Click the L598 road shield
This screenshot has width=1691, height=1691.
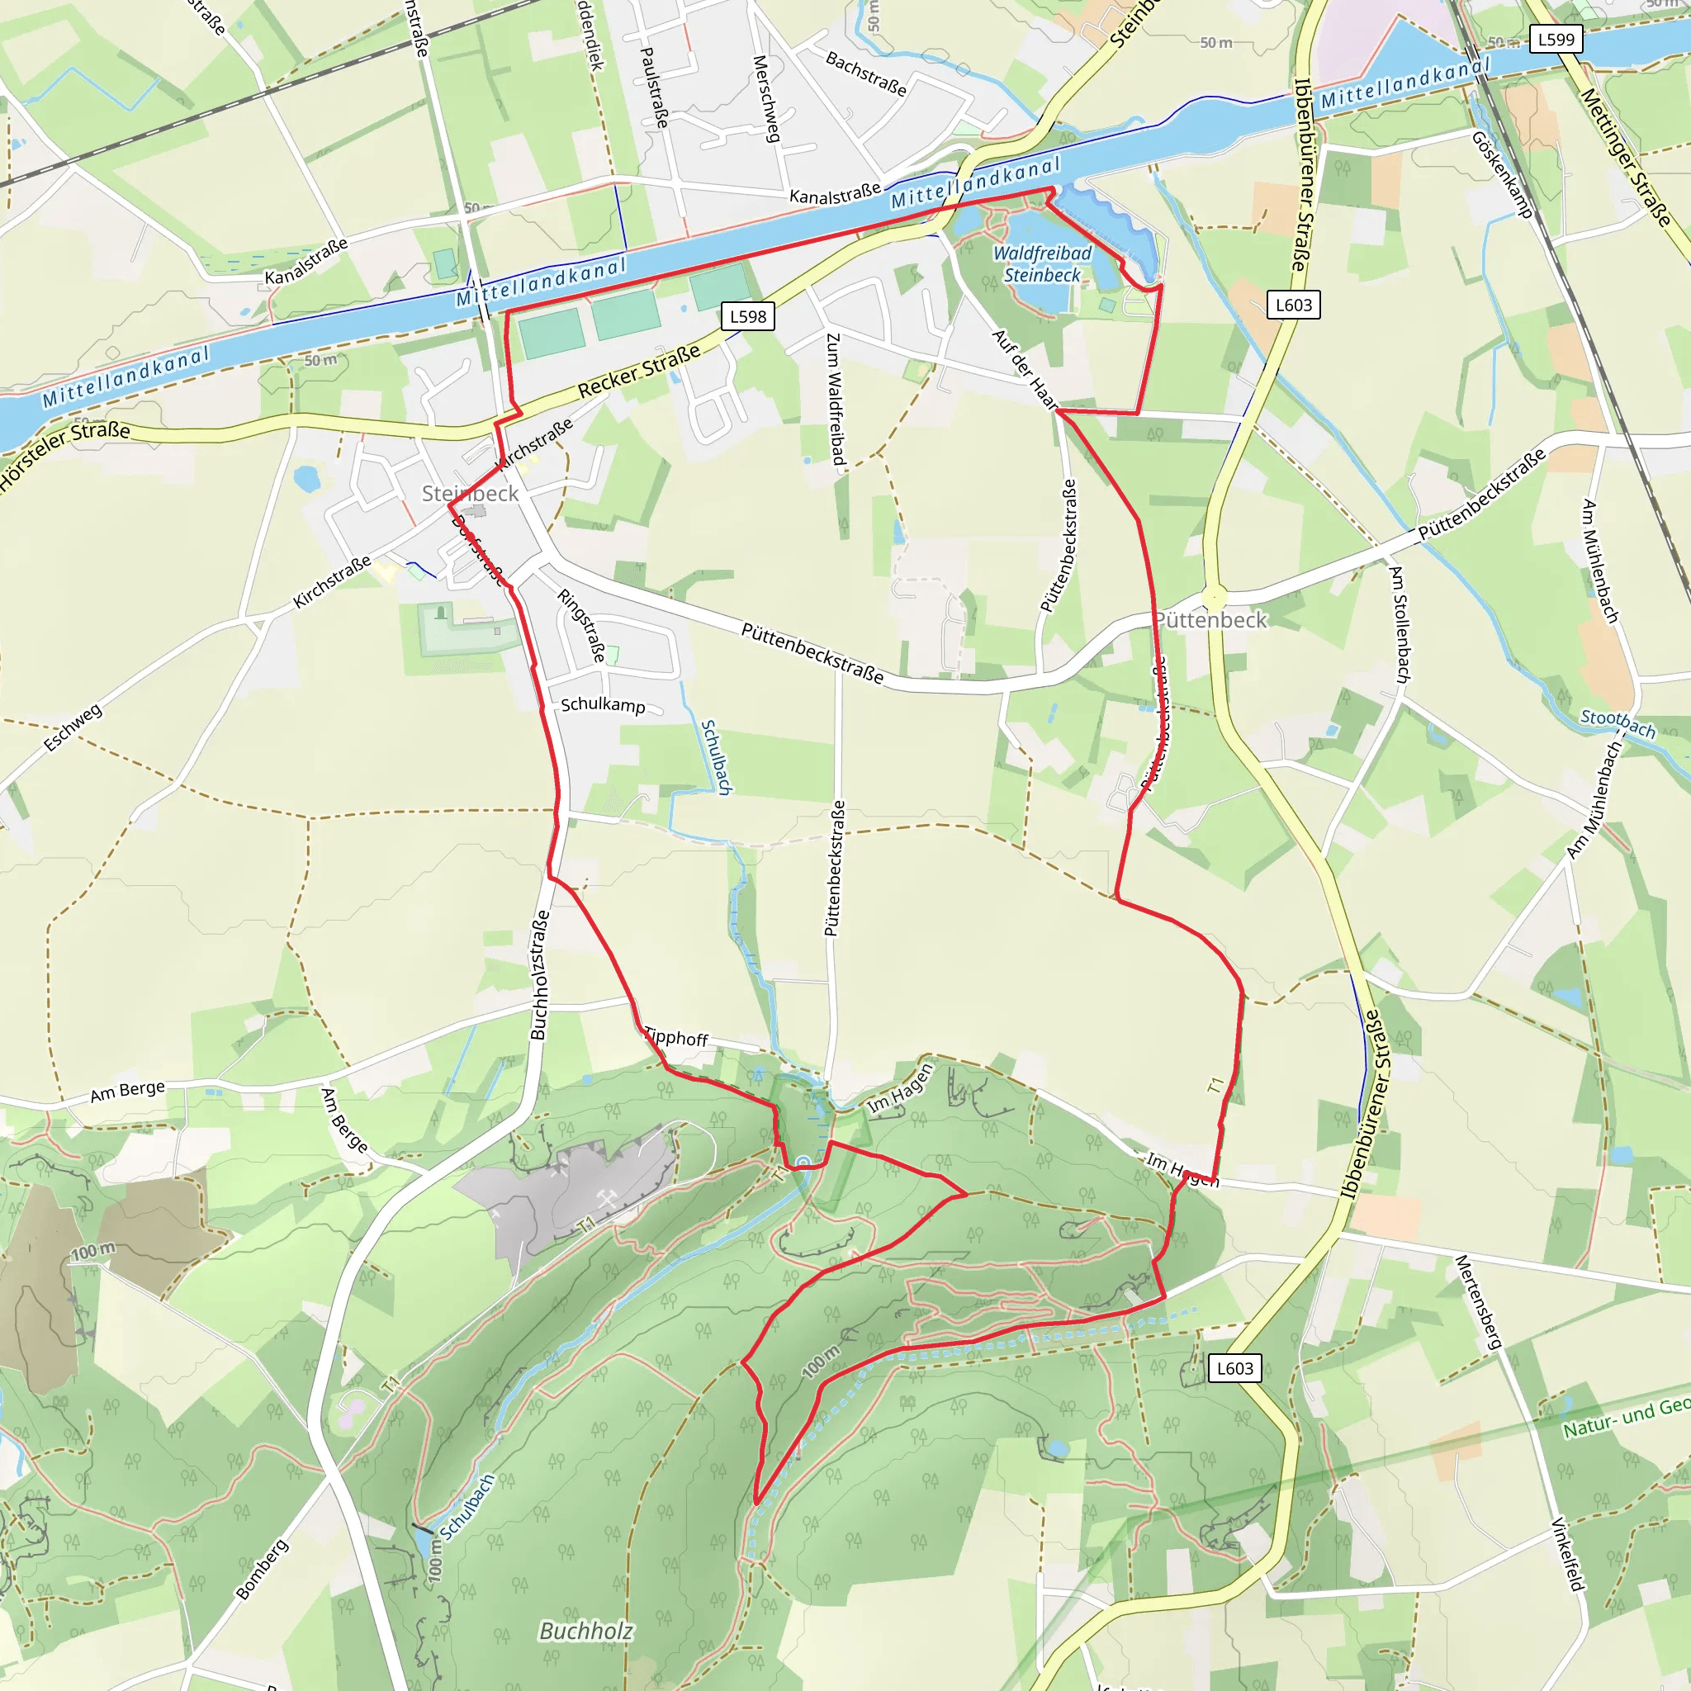pos(747,316)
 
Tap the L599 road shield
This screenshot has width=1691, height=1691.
pos(1556,40)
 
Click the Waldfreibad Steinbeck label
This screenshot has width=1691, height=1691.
pos(1041,263)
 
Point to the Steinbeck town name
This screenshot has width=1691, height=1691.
pos(470,494)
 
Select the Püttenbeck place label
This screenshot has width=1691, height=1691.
pos(1210,620)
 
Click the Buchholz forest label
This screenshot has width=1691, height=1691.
pos(585,1631)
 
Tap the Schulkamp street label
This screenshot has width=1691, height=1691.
pos(603,704)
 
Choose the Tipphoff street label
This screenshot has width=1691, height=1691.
pos(675,1037)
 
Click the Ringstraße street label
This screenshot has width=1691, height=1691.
pos(582,625)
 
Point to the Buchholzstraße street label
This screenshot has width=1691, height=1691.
pos(539,975)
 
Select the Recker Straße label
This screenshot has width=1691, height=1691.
pos(640,371)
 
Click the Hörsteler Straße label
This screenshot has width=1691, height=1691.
pos(66,454)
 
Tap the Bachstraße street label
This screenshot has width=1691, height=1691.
pos(865,73)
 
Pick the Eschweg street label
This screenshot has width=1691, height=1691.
pos(73,727)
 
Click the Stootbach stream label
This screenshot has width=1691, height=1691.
pos(1618,723)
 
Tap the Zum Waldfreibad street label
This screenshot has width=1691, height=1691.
pos(835,399)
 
